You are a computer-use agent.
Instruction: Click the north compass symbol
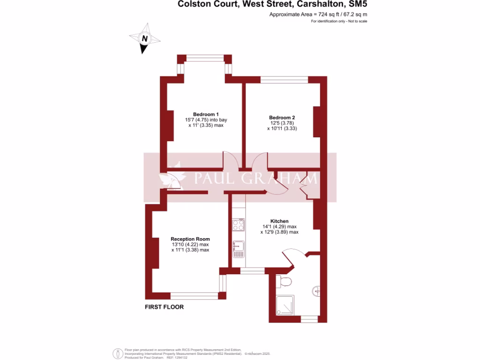click(x=144, y=39)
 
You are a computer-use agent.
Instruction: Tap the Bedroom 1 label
click(x=206, y=114)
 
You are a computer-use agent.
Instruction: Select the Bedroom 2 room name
click(x=282, y=117)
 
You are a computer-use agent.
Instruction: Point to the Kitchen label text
click(x=279, y=221)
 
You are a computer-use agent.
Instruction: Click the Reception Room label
click(x=190, y=239)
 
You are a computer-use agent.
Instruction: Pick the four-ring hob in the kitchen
click(x=238, y=225)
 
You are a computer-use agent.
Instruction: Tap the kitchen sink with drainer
click(x=238, y=249)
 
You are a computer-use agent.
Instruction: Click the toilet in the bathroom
click(x=284, y=281)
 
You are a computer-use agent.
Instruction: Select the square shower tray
click(x=285, y=305)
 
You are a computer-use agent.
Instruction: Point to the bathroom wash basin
click(x=317, y=292)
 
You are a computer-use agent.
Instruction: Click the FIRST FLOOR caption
click(x=164, y=307)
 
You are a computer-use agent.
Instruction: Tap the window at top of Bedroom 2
click(x=284, y=79)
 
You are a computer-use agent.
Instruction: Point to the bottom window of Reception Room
click(x=194, y=296)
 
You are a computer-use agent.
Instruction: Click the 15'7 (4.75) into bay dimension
click(x=206, y=120)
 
